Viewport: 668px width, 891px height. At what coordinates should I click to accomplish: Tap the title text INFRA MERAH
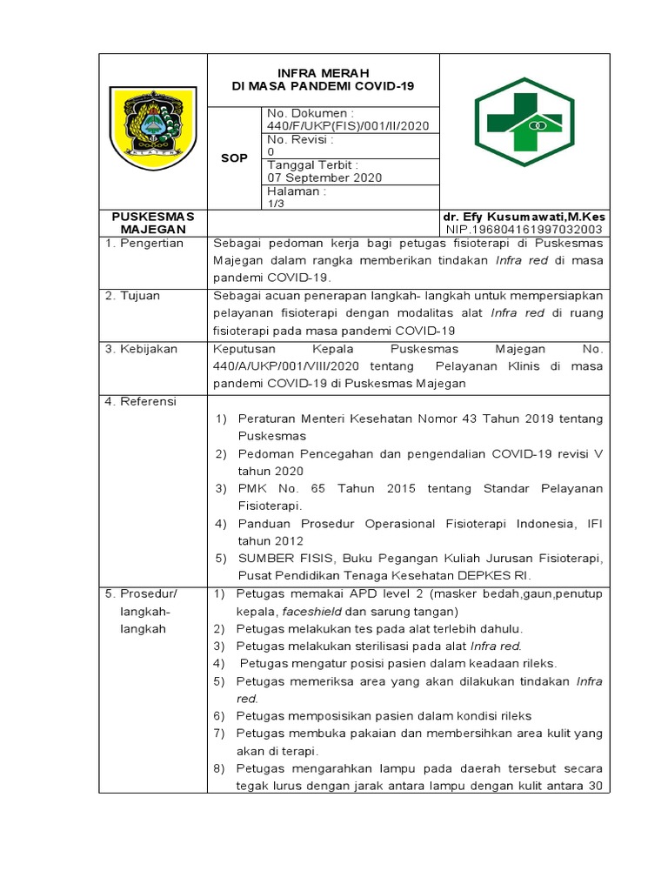coord(323,72)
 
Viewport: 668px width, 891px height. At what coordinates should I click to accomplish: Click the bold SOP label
coord(234,157)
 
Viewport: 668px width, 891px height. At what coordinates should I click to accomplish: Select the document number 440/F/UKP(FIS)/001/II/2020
coord(347,125)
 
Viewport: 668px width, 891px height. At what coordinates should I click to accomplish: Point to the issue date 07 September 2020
coord(324,178)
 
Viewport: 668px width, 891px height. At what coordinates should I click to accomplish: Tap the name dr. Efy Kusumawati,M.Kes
coord(524,216)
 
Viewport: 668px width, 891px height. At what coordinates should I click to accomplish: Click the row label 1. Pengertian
coord(144,244)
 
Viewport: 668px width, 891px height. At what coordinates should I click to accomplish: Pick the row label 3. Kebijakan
coord(142,348)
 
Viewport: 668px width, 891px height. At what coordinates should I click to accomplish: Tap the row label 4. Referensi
coord(141,401)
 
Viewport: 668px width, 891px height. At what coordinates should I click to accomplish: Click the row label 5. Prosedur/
coord(141,593)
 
